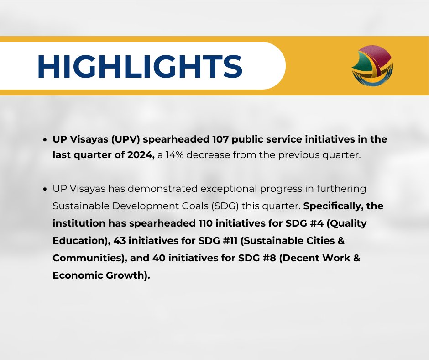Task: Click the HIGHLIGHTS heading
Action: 139,67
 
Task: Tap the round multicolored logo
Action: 372,66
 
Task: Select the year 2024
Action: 141,155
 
